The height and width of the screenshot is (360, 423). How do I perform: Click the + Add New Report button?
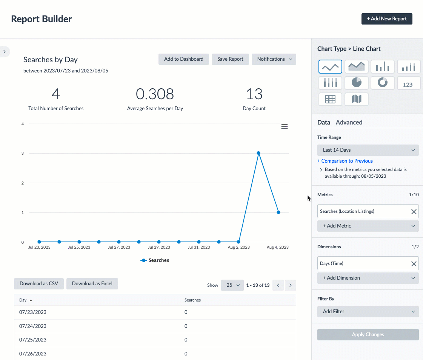pos(387,19)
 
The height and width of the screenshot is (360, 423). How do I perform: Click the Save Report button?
pos(230,59)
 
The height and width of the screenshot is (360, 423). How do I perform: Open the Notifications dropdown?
pos(274,59)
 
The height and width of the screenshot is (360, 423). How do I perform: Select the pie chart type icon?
pos(356,83)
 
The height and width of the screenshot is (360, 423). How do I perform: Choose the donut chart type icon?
pos(383,83)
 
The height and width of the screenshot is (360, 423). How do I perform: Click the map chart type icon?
pos(356,99)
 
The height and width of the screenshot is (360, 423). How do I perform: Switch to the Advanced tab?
pos(349,122)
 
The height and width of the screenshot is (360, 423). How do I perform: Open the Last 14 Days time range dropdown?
pos(368,150)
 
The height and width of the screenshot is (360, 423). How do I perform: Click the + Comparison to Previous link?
pos(345,161)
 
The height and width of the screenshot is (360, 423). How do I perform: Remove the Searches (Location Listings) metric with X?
pos(414,212)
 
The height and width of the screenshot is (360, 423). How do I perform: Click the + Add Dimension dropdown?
pos(368,278)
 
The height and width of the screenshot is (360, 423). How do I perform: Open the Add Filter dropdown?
pos(368,312)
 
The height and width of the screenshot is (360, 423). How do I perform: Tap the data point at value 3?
pos(258,153)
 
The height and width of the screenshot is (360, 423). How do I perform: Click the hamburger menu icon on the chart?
pos(285,127)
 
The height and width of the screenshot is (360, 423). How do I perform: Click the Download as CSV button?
pos(39,284)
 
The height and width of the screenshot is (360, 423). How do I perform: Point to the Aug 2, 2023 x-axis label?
pos(239,248)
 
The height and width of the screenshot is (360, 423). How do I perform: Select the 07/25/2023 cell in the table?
pos(33,340)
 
